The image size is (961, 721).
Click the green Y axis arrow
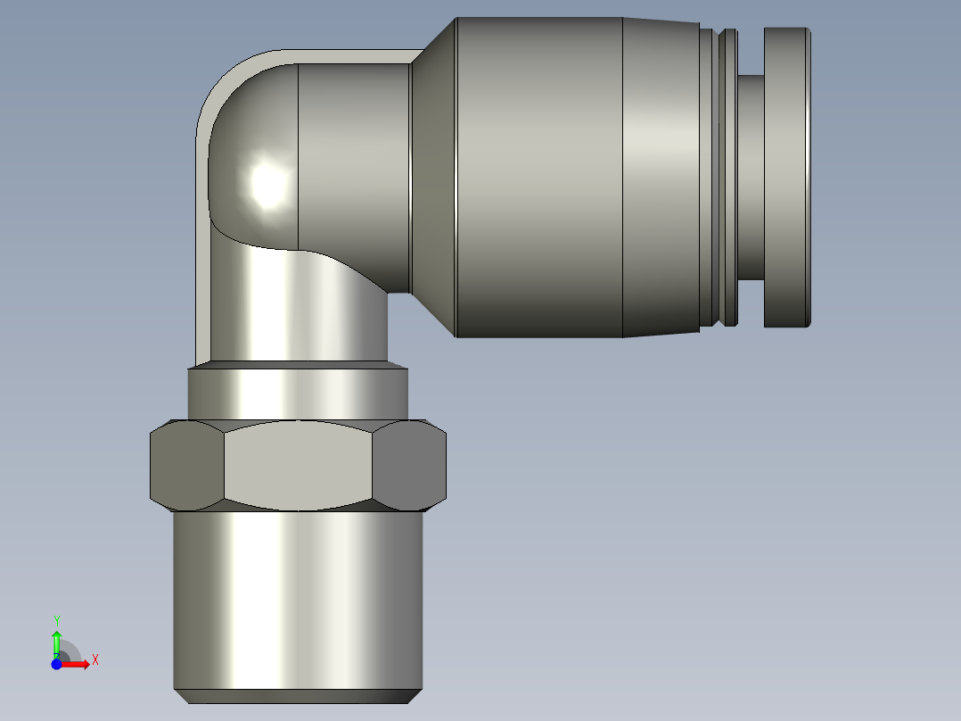point(57,643)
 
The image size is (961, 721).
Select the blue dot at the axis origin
point(56,664)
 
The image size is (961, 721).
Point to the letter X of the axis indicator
point(95,660)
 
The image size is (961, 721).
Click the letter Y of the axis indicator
point(57,621)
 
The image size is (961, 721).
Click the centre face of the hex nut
point(298,466)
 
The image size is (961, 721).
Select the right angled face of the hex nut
point(409,466)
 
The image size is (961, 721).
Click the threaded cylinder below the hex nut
point(298,601)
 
